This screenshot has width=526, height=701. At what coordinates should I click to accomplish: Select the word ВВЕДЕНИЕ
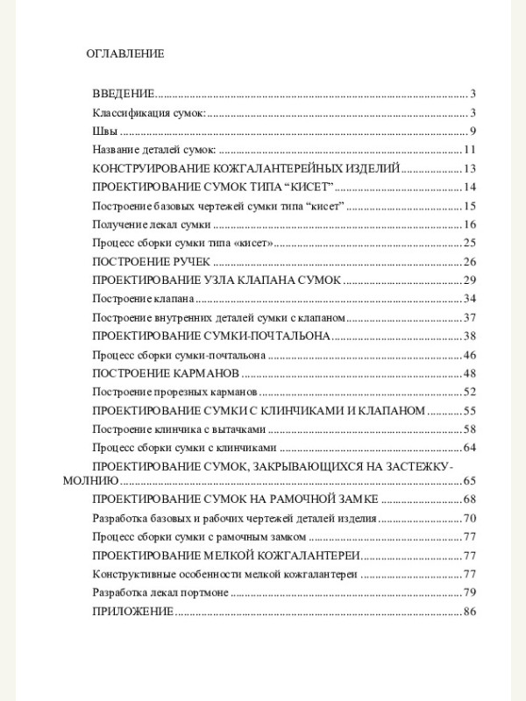[124, 94]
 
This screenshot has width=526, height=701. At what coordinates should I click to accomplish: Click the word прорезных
[174, 393]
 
